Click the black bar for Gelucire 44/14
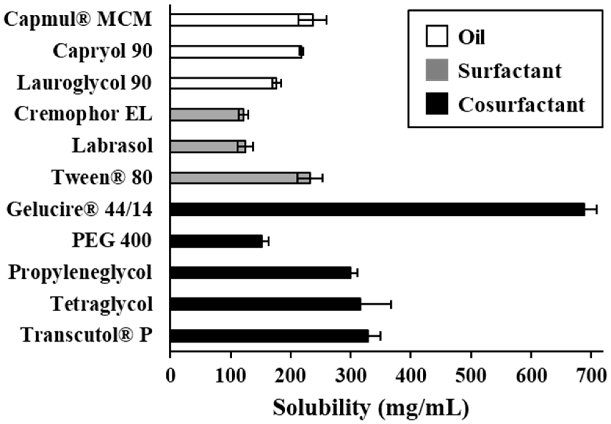click(377, 210)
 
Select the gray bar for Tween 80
click(240, 178)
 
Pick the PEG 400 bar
click(216, 241)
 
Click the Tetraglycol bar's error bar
click(376, 305)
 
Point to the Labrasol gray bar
click(208, 146)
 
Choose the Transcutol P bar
click(269, 336)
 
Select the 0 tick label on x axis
click(170, 376)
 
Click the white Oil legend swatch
click(437, 36)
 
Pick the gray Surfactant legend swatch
click(437, 70)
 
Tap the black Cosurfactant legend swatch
click(437, 104)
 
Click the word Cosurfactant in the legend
click(521, 105)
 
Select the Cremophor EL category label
click(83, 115)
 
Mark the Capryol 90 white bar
click(236, 52)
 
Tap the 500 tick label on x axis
click(471, 376)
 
